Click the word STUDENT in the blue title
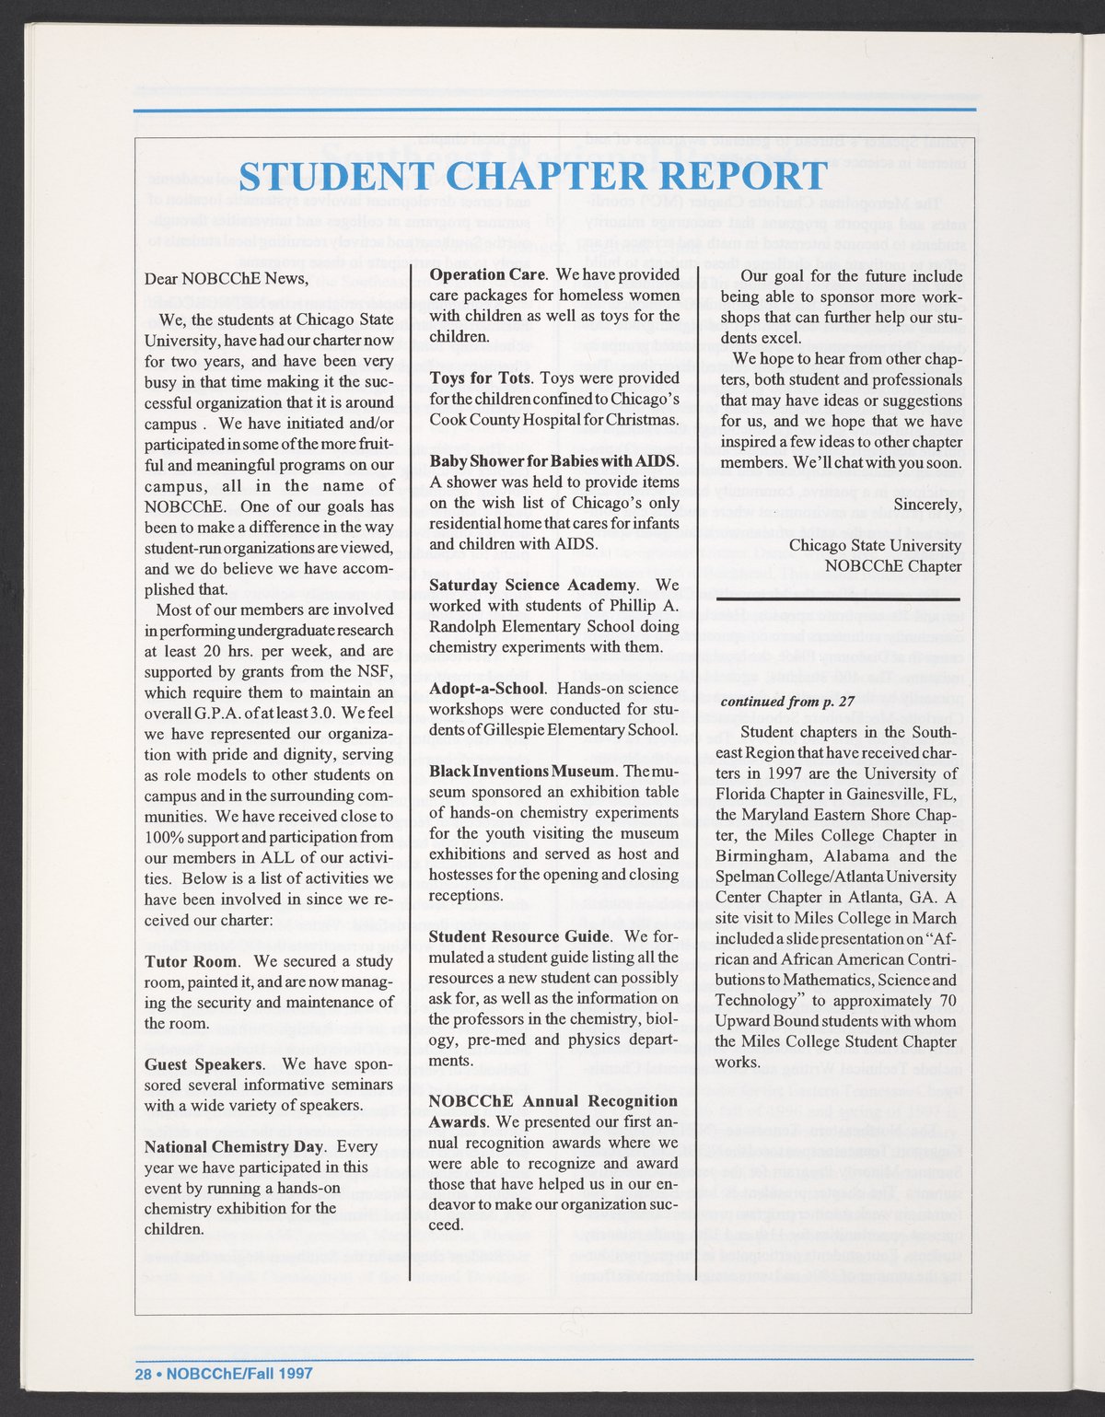point(328,177)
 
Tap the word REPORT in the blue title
point(747,177)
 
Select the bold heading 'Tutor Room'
point(184,961)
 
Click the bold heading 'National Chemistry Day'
point(234,1147)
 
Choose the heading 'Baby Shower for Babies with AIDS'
point(553,460)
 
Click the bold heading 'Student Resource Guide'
point(520,936)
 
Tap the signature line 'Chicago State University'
point(875,545)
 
